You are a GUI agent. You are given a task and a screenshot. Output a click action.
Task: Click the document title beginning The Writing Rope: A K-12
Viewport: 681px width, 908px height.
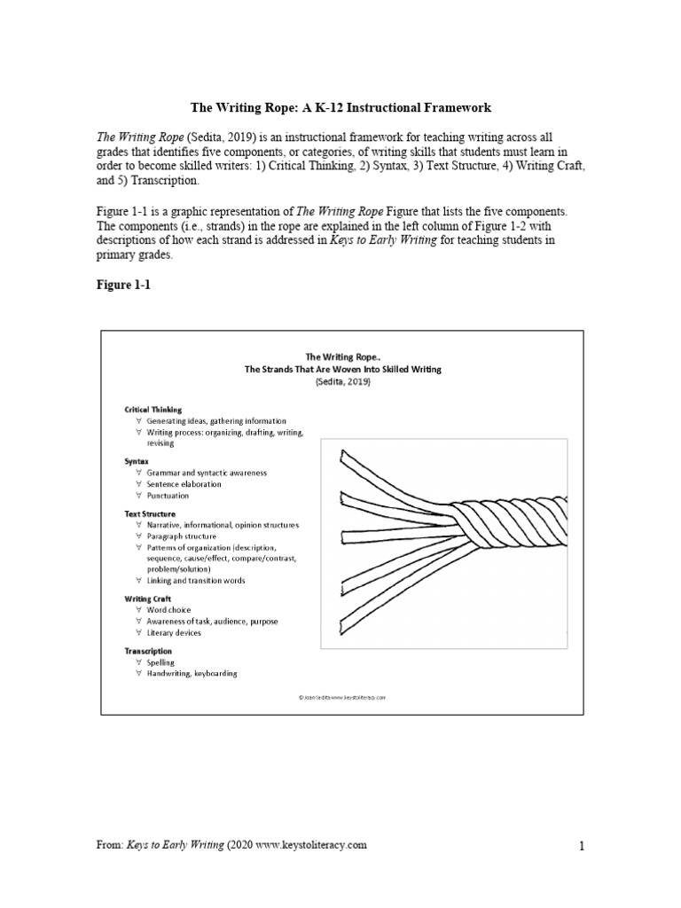tap(341, 107)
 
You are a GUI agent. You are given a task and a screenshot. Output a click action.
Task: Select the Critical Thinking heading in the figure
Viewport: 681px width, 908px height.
tap(153, 410)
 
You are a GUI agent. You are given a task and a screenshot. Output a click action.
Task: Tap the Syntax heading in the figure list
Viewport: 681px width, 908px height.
tap(137, 462)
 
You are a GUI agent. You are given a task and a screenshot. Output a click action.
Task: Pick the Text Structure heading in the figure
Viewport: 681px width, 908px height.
tap(150, 513)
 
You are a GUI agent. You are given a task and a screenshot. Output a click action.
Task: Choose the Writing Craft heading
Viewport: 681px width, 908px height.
tap(148, 599)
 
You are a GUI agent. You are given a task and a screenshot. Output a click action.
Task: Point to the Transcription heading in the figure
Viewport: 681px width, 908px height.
tap(148, 651)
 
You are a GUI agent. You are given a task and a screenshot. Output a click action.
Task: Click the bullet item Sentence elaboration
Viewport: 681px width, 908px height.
tap(184, 484)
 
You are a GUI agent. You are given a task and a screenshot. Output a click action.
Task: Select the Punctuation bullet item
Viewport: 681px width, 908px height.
tap(168, 496)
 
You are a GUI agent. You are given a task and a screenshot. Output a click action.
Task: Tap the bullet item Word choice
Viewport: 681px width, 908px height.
tap(168, 610)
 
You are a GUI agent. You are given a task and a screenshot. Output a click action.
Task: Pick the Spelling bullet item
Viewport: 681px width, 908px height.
tap(160, 662)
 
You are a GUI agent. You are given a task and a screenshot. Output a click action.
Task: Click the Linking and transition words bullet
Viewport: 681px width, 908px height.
tap(195, 580)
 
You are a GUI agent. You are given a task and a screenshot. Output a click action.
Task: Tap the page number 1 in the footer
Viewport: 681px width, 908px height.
tap(582, 847)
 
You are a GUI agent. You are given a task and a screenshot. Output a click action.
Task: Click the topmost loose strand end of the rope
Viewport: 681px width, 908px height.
tap(344, 458)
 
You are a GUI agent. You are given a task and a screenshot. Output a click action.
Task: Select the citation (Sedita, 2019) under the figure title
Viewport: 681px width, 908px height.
tap(342, 381)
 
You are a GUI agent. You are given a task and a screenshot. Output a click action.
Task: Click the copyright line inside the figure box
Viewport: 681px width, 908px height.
tap(342, 698)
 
